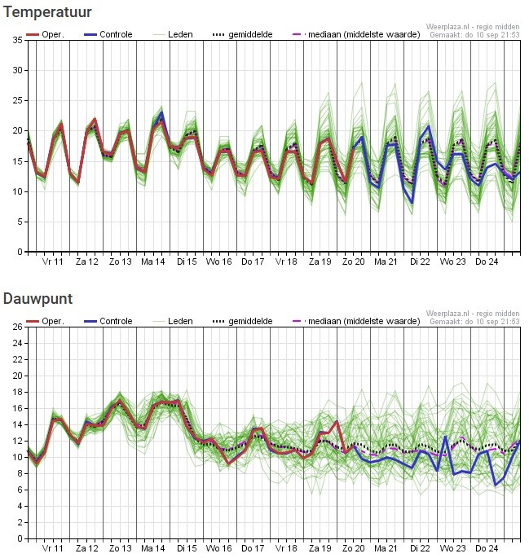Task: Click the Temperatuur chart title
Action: [47, 12]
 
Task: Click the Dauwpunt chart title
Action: [37, 299]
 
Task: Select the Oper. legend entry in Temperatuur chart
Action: [45, 34]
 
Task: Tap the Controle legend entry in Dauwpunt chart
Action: [108, 321]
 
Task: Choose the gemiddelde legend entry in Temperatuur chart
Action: [242, 34]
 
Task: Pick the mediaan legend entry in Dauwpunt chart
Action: [356, 321]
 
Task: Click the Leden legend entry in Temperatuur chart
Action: [173, 34]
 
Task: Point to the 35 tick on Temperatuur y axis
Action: [17, 40]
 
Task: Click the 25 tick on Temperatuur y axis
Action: [17, 101]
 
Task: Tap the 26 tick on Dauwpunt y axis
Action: [17, 327]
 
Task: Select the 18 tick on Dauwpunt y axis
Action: [17, 392]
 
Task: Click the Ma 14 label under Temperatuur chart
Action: [152, 262]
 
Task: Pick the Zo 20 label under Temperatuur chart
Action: [353, 262]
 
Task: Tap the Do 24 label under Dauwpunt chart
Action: [487, 548]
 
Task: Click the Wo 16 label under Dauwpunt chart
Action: [218, 548]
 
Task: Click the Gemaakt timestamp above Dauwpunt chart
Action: [474, 322]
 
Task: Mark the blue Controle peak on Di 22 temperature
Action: [429, 126]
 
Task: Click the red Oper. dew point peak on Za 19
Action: [336, 422]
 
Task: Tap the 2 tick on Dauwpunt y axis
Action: [20, 522]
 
